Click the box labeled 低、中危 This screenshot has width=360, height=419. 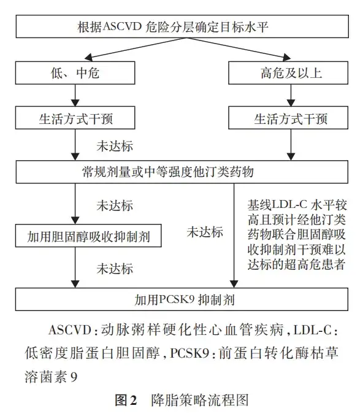coord(75,72)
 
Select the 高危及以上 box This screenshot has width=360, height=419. coord(288,72)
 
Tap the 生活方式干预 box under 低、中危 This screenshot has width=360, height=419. coord(75,118)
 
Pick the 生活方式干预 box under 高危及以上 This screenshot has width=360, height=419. coord(288,118)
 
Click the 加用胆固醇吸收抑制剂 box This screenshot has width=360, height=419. coord(88,236)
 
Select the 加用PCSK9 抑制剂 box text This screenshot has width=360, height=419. coord(184,299)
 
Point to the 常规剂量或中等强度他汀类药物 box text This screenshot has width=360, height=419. coord(167,172)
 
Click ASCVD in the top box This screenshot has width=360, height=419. coord(122,26)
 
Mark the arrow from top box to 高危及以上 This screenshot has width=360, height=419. coord(237,48)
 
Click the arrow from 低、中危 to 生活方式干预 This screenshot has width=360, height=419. coord(75,96)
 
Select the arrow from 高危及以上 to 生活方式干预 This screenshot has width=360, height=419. coord(291,96)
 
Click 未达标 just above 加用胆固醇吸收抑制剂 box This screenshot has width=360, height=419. coord(115,206)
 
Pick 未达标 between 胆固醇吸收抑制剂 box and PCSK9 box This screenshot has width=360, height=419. coord(115,269)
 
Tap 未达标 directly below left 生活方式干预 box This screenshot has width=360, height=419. coord(115,146)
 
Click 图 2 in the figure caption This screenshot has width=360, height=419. coord(126,400)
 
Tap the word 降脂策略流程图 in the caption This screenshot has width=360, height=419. coord(200,400)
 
